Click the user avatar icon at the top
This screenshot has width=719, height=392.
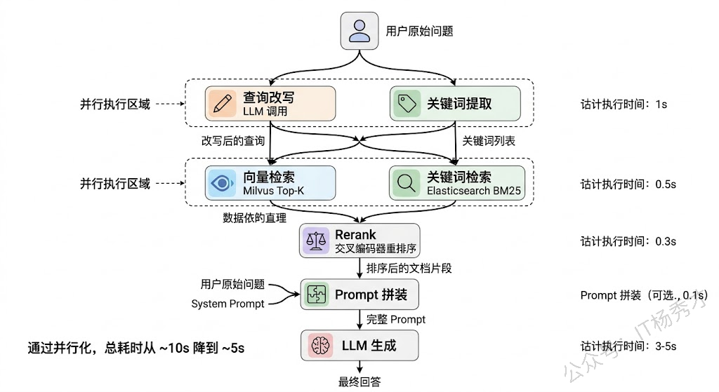pos(359,31)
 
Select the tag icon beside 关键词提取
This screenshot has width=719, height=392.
pos(407,104)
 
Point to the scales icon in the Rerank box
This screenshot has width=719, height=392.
pos(316,241)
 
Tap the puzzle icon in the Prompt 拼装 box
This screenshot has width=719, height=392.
pos(317,294)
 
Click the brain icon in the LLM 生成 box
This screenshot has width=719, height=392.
pos(320,345)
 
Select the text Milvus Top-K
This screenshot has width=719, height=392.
pos(273,191)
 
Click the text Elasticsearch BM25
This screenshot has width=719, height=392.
pos(474,191)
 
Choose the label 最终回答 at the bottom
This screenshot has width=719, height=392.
pos(359,381)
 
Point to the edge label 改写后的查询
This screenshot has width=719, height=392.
pos(233,140)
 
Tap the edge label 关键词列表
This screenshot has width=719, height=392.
pos(489,140)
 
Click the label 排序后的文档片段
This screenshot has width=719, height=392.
pos(409,268)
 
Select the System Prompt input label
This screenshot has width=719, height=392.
pos(227,304)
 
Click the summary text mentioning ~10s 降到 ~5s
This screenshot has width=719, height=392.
pos(136,348)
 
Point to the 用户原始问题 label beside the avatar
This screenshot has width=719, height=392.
pos(419,31)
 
